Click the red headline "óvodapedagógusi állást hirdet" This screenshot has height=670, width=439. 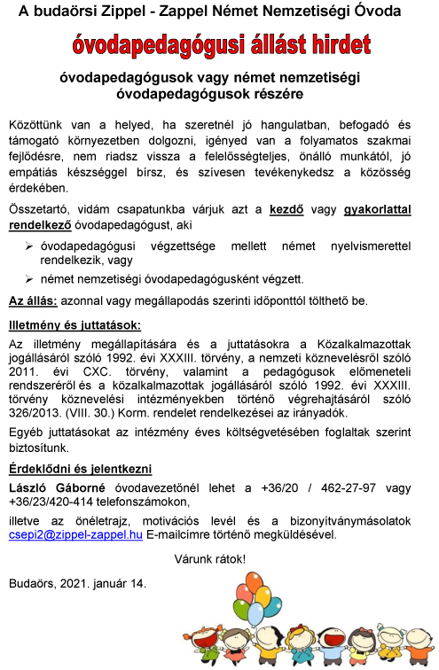(222, 44)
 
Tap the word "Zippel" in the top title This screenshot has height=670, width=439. (126, 12)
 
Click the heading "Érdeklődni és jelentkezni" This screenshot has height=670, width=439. (80, 469)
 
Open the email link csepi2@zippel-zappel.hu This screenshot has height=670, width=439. (75, 534)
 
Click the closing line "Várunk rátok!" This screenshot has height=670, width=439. (211, 559)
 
